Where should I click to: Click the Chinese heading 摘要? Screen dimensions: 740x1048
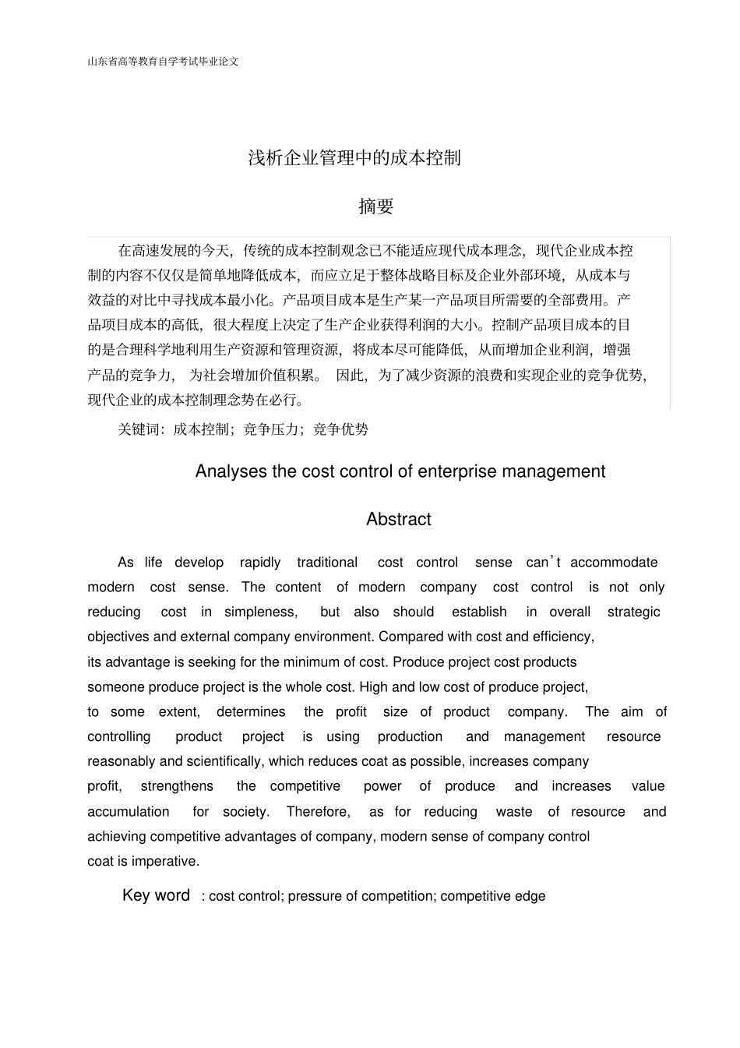coord(376,206)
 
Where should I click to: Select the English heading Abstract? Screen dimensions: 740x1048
coord(398,519)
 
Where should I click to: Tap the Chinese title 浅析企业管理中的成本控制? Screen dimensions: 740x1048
coord(354,157)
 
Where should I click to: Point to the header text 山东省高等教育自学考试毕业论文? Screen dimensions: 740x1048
coord(163,61)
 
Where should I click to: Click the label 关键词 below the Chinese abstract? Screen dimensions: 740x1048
coord(138,429)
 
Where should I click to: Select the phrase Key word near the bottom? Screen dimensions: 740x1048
coord(156,895)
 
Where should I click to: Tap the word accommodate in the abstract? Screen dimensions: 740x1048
coord(614,563)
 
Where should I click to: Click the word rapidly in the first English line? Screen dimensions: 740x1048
coord(260,563)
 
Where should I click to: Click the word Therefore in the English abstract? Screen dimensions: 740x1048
coord(317,812)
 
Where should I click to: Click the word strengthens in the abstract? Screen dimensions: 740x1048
coord(177,786)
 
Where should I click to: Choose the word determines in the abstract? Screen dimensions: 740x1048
coord(251,711)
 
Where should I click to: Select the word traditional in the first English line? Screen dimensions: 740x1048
coord(327,563)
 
